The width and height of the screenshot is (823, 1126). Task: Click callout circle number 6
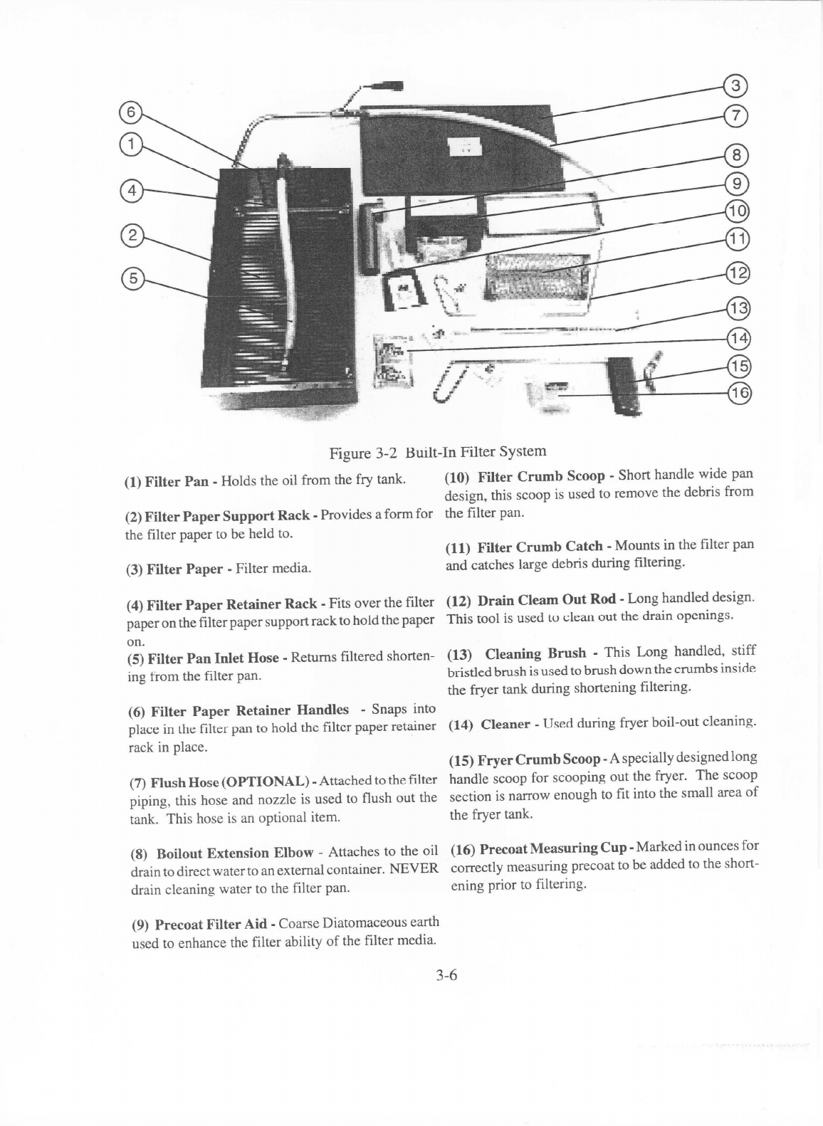pos(130,112)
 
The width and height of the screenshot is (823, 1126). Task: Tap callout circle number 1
pos(130,144)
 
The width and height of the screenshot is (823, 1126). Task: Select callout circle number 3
pos(735,86)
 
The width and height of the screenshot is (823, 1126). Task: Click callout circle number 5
pos(131,278)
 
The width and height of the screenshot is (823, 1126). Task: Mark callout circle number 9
pos(736,184)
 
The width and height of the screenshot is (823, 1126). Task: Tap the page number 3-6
pos(446,975)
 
